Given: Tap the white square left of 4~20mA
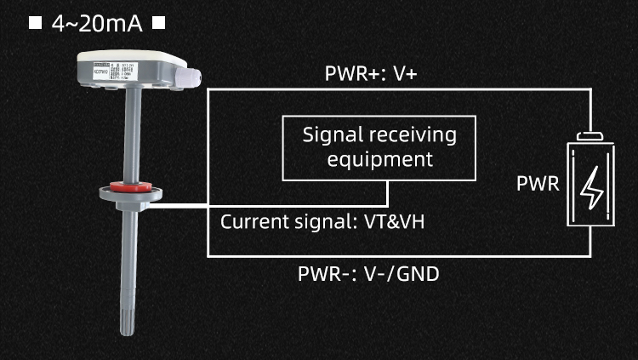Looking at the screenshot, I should point(35,24).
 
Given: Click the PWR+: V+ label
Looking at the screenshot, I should point(370,74).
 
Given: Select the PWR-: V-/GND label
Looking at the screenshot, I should point(368,275).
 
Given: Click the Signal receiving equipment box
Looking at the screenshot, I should point(379,148).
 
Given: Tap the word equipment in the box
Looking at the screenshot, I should point(379,159).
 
